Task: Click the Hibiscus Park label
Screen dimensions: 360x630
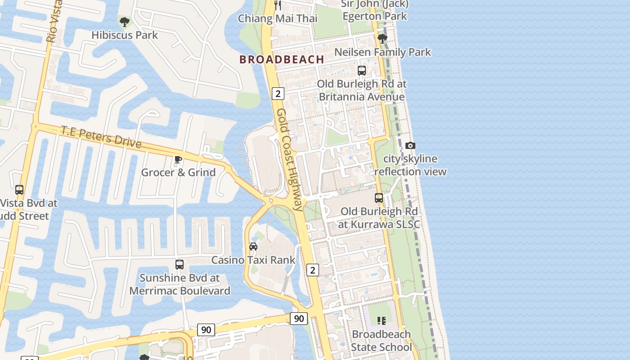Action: click(125, 35)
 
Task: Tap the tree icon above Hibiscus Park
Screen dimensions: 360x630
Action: click(124, 21)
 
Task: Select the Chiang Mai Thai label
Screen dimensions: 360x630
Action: click(277, 18)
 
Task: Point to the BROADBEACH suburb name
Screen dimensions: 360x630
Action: click(282, 59)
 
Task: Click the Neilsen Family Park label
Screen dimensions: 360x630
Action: click(382, 52)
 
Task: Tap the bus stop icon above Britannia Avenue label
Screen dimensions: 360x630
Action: click(362, 71)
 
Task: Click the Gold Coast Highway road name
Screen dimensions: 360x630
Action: click(290, 160)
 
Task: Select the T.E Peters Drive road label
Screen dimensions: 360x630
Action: click(101, 137)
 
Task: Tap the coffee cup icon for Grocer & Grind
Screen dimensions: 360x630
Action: click(178, 159)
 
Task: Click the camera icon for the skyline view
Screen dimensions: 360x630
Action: click(410, 145)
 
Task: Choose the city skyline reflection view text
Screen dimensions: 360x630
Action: click(410, 165)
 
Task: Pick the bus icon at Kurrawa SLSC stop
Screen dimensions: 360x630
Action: click(379, 198)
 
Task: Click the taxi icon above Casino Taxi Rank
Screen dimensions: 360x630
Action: click(253, 247)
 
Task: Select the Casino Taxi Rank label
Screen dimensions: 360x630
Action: click(253, 260)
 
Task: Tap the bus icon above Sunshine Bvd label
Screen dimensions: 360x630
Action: click(180, 265)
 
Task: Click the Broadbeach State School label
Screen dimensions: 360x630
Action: click(381, 341)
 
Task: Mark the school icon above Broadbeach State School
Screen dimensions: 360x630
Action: click(382, 321)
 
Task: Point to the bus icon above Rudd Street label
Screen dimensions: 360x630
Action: click(19, 190)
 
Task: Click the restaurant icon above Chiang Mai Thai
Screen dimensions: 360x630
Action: click(278, 5)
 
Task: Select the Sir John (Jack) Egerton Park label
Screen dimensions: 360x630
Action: click(374, 10)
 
